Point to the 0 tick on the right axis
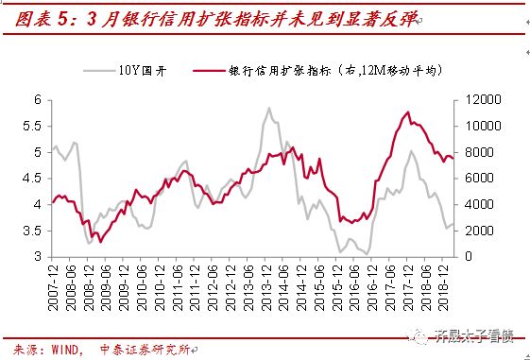(x=465, y=257)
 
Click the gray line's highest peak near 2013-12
(x=268, y=108)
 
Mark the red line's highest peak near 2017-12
(x=406, y=112)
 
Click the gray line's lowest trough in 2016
(x=366, y=254)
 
